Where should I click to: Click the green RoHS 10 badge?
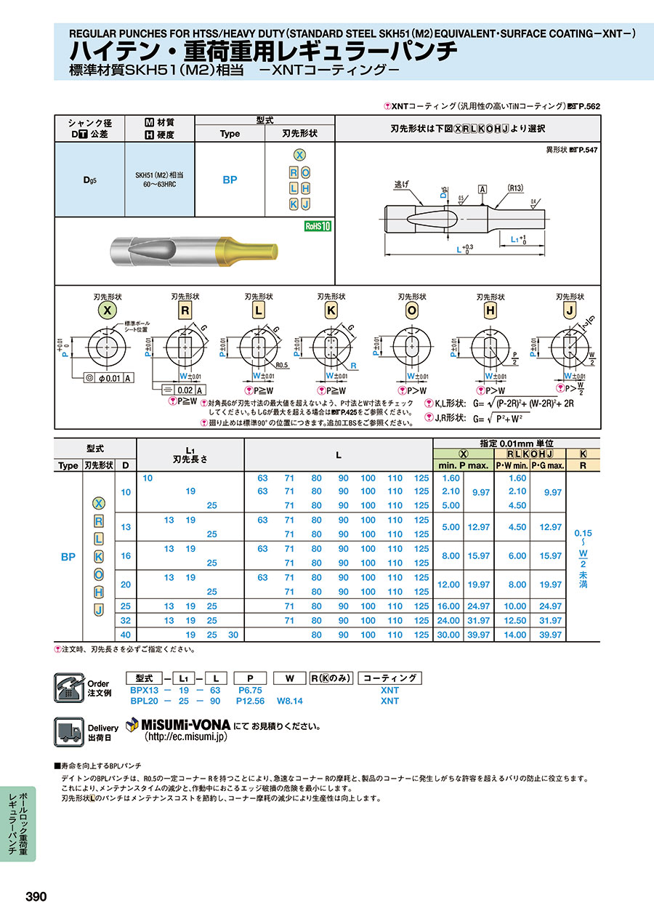point(317,226)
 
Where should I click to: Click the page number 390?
point(36,896)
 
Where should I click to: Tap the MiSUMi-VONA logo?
point(178,725)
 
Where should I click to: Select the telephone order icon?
point(68,687)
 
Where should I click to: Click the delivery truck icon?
point(68,731)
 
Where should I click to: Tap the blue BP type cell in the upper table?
point(230,180)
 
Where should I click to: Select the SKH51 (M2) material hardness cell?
point(159,180)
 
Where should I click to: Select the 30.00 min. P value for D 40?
point(448,635)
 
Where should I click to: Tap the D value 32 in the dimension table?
point(126,620)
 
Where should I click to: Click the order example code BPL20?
point(144,701)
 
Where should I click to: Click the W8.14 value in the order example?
point(291,701)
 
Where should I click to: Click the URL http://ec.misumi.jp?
point(187,736)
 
